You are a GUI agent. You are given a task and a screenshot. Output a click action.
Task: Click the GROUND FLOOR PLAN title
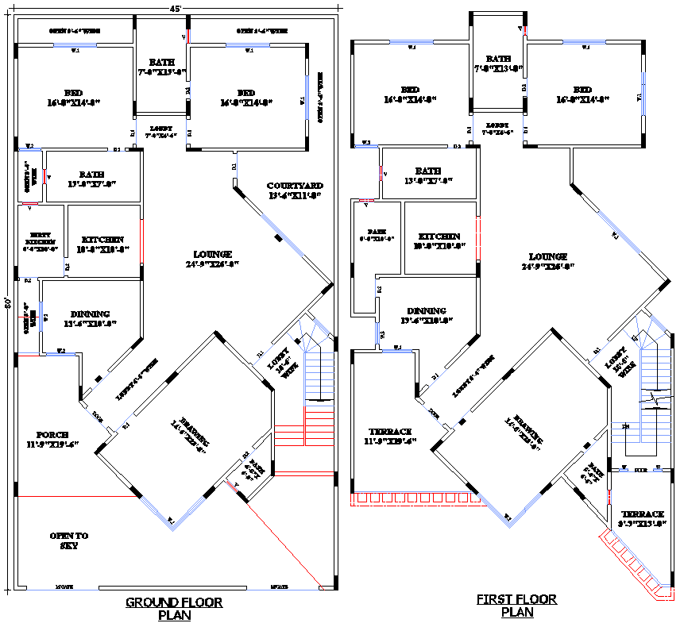pyautogui.click(x=174, y=608)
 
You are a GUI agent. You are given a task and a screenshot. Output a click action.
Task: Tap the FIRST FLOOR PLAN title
pyautogui.click(x=516, y=606)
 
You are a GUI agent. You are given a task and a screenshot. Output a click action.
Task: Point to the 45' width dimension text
pyautogui.click(x=176, y=8)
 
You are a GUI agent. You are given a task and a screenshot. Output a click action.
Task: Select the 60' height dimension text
pyautogui.click(x=8, y=303)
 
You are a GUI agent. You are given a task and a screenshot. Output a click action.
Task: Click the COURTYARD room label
pyautogui.click(x=295, y=190)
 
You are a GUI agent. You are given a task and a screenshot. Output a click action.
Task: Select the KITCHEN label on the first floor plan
pyautogui.click(x=439, y=240)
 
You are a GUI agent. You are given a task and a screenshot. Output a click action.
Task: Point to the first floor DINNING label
pyautogui.click(x=427, y=315)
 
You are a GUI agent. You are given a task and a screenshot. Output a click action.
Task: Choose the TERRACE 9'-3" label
pyautogui.click(x=642, y=518)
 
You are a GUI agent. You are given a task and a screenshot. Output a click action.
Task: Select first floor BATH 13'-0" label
pyautogui.click(x=427, y=175)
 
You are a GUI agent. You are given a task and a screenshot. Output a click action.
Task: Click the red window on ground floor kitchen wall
pyautogui.click(x=141, y=242)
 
